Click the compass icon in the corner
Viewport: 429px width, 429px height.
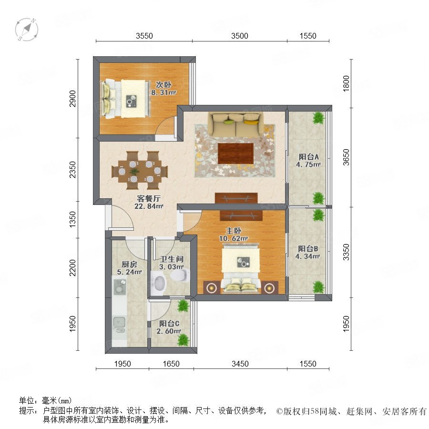point(27,29)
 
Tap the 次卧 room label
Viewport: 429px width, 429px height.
point(163,84)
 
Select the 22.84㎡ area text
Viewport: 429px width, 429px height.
point(149,206)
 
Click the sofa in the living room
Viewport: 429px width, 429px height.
point(235,124)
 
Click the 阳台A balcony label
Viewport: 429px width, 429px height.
point(308,157)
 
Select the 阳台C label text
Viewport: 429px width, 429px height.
point(169,323)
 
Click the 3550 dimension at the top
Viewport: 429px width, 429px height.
point(144,36)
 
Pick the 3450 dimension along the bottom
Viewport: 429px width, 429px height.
point(240,364)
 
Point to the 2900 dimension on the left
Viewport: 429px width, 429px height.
point(72,99)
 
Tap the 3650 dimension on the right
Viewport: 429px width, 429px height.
point(346,157)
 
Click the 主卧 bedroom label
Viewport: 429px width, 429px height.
point(234,231)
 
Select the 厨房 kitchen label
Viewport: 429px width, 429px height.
point(129,264)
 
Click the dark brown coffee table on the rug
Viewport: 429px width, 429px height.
point(235,153)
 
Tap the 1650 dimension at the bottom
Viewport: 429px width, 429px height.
point(171,364)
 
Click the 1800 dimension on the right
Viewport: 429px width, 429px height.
point(346,83)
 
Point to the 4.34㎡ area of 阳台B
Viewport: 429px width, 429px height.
point(307,256)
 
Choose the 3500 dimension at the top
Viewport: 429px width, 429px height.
point(239,36)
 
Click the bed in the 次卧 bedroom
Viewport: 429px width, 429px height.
point(126,99)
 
